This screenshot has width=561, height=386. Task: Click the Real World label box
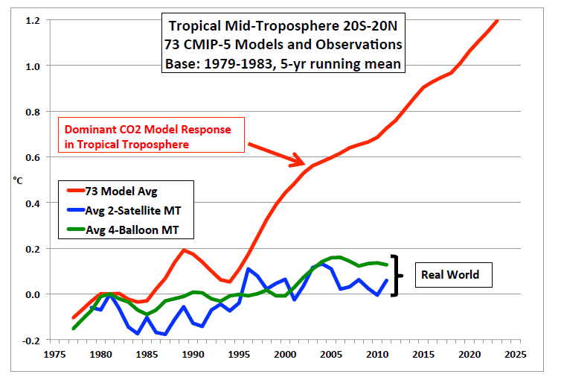(450, 275)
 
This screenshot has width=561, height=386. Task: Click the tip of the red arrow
(304, 163)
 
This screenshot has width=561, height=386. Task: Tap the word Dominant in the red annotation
(87, 129)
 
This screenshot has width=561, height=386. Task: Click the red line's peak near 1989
(183, 250)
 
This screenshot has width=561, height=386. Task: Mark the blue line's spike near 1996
(248, 268)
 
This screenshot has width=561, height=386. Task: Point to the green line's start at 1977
(73, 328)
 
